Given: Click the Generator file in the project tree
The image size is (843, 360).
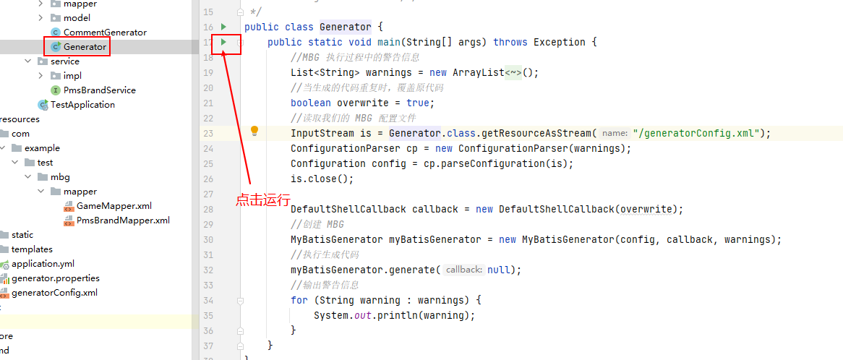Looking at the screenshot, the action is click(x=85, y=47).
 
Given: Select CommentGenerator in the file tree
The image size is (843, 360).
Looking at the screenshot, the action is click(x=105, y=33).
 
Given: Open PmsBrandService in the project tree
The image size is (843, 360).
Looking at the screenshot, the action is click(x=99, y=90).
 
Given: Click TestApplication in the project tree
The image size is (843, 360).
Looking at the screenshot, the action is click(x=82, y=105).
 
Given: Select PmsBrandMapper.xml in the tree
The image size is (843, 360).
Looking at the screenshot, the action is click(x=123, y=220).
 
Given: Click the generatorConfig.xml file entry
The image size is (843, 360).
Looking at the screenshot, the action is click(x=54, y=293).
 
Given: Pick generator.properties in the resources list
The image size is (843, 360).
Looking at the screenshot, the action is click(x=56, y=278).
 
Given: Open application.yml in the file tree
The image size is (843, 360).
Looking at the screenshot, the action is click(x=43, y=264).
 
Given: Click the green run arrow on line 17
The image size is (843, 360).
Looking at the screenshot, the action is click(x=224, y=42).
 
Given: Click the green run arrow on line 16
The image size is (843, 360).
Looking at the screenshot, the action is click(x=224, y=27).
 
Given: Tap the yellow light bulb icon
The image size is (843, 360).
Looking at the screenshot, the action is click(x=254, y=131).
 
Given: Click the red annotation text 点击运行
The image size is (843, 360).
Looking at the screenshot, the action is click(x=263, y=200).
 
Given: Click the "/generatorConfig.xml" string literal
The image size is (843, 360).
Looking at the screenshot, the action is click(x=696, y=133).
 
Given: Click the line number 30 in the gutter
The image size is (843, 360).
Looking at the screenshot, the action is click(x=207, y=239).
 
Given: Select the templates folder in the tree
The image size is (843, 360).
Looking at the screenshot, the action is click(x=32, y=249).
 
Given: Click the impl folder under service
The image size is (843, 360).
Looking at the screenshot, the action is click(x=72, y=76).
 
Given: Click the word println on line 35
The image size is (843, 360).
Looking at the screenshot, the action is click(x=397, y=315).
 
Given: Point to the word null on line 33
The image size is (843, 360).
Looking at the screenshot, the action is click(x=498, y=270).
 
